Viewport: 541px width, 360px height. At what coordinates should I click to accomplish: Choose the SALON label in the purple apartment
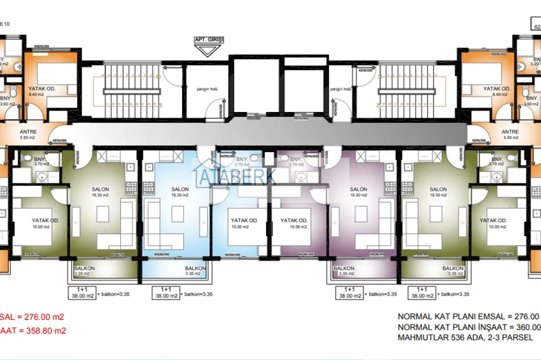pos(358,190)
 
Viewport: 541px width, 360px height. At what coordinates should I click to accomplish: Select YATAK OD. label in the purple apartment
pos(294,221)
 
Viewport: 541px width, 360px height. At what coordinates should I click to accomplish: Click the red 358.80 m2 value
pos(45,331)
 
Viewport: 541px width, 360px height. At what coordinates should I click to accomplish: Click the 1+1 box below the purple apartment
pos(349,292)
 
